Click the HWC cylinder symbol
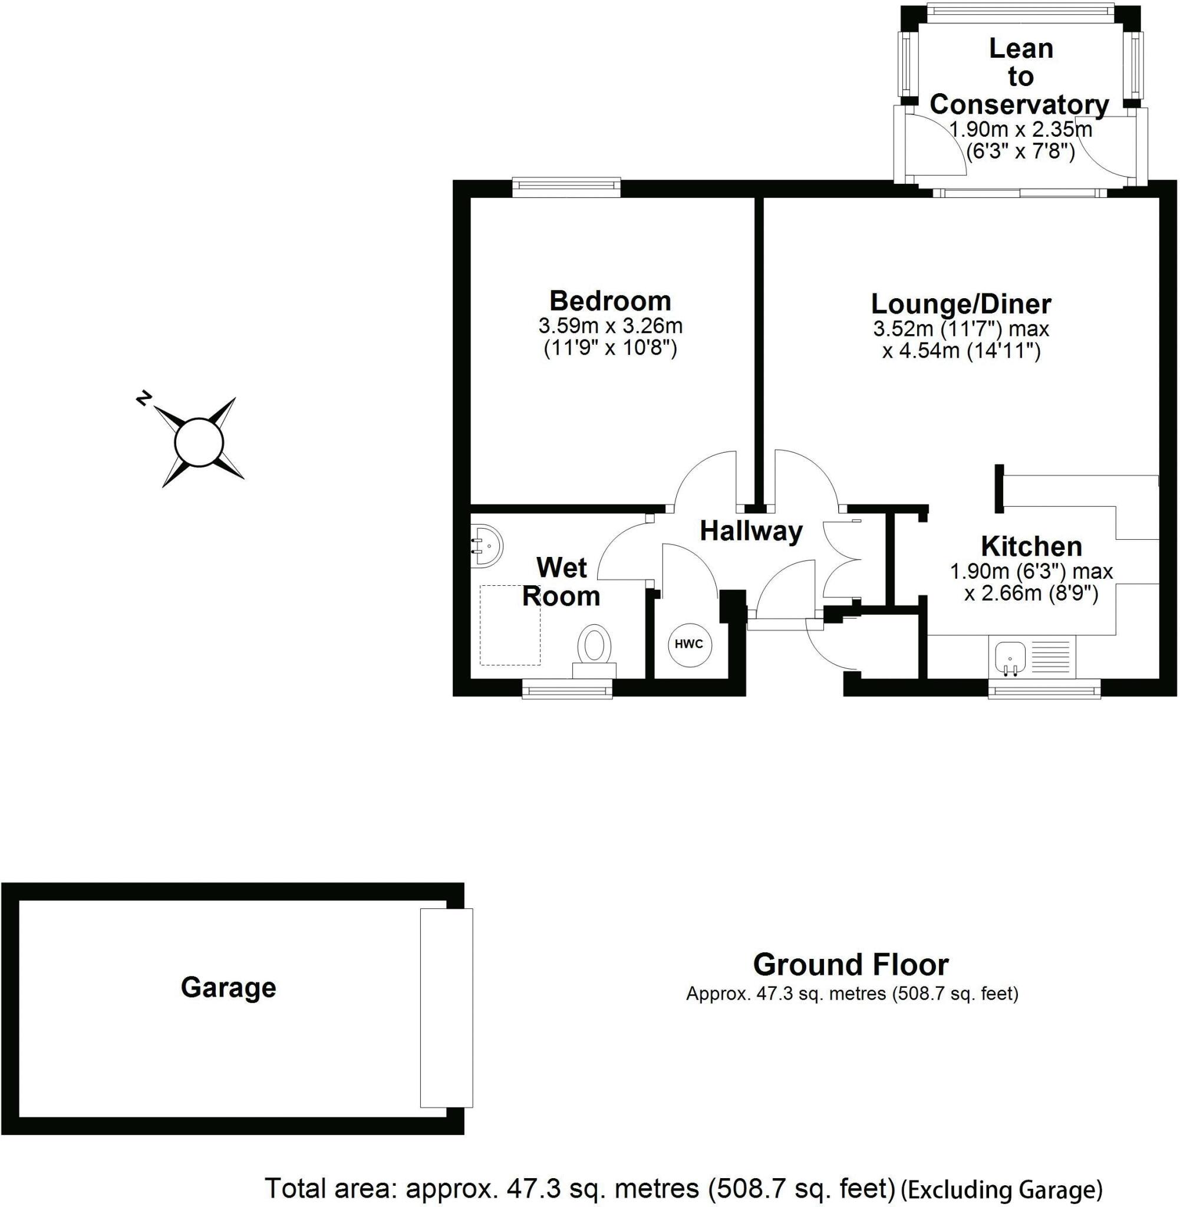[x=688, y=644]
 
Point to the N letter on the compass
[x=143, y=398]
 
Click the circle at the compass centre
[x=198, y=443]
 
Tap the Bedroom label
[x=610, y=301]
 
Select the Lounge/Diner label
[x=961, y=304]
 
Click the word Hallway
[x=751, y=531]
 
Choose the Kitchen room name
[x=1031, y=546]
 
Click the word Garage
[x=228, y=987]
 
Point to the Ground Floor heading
[x=851, y=965]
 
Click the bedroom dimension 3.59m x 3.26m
[x=610, y=326]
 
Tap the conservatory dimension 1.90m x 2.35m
[x=1020, y=130]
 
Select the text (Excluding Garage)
[x=1001, y=1190]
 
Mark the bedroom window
[x=566, y=188]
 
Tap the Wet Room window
[x=566, y=689]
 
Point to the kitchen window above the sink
[x=1044, y=689]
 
